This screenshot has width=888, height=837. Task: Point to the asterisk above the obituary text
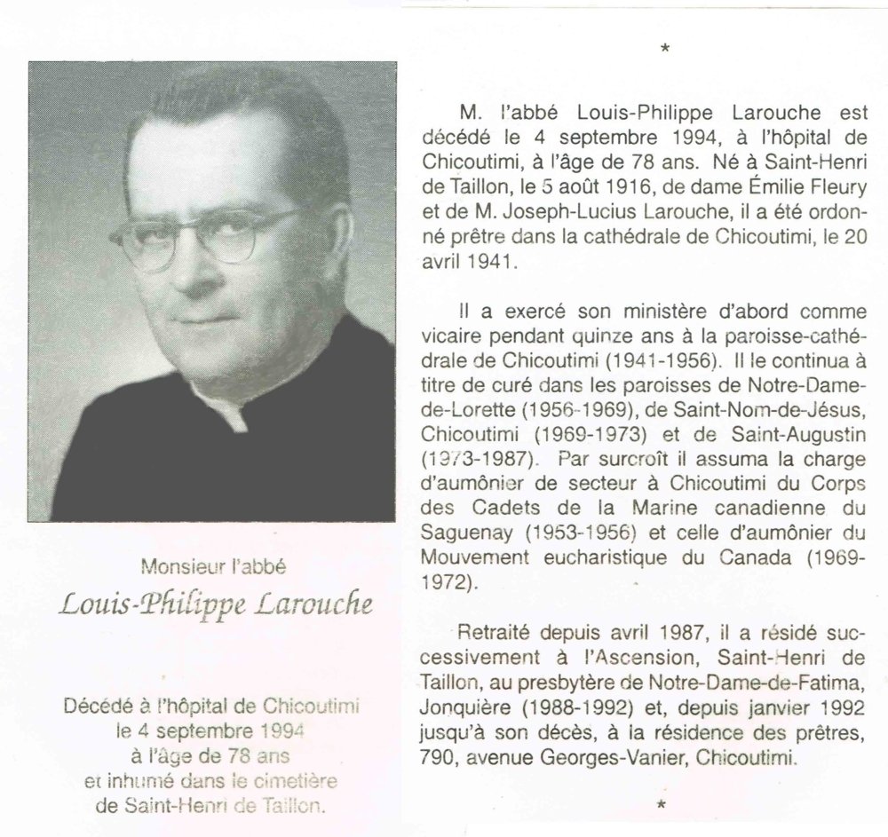[x=664, y=50]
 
